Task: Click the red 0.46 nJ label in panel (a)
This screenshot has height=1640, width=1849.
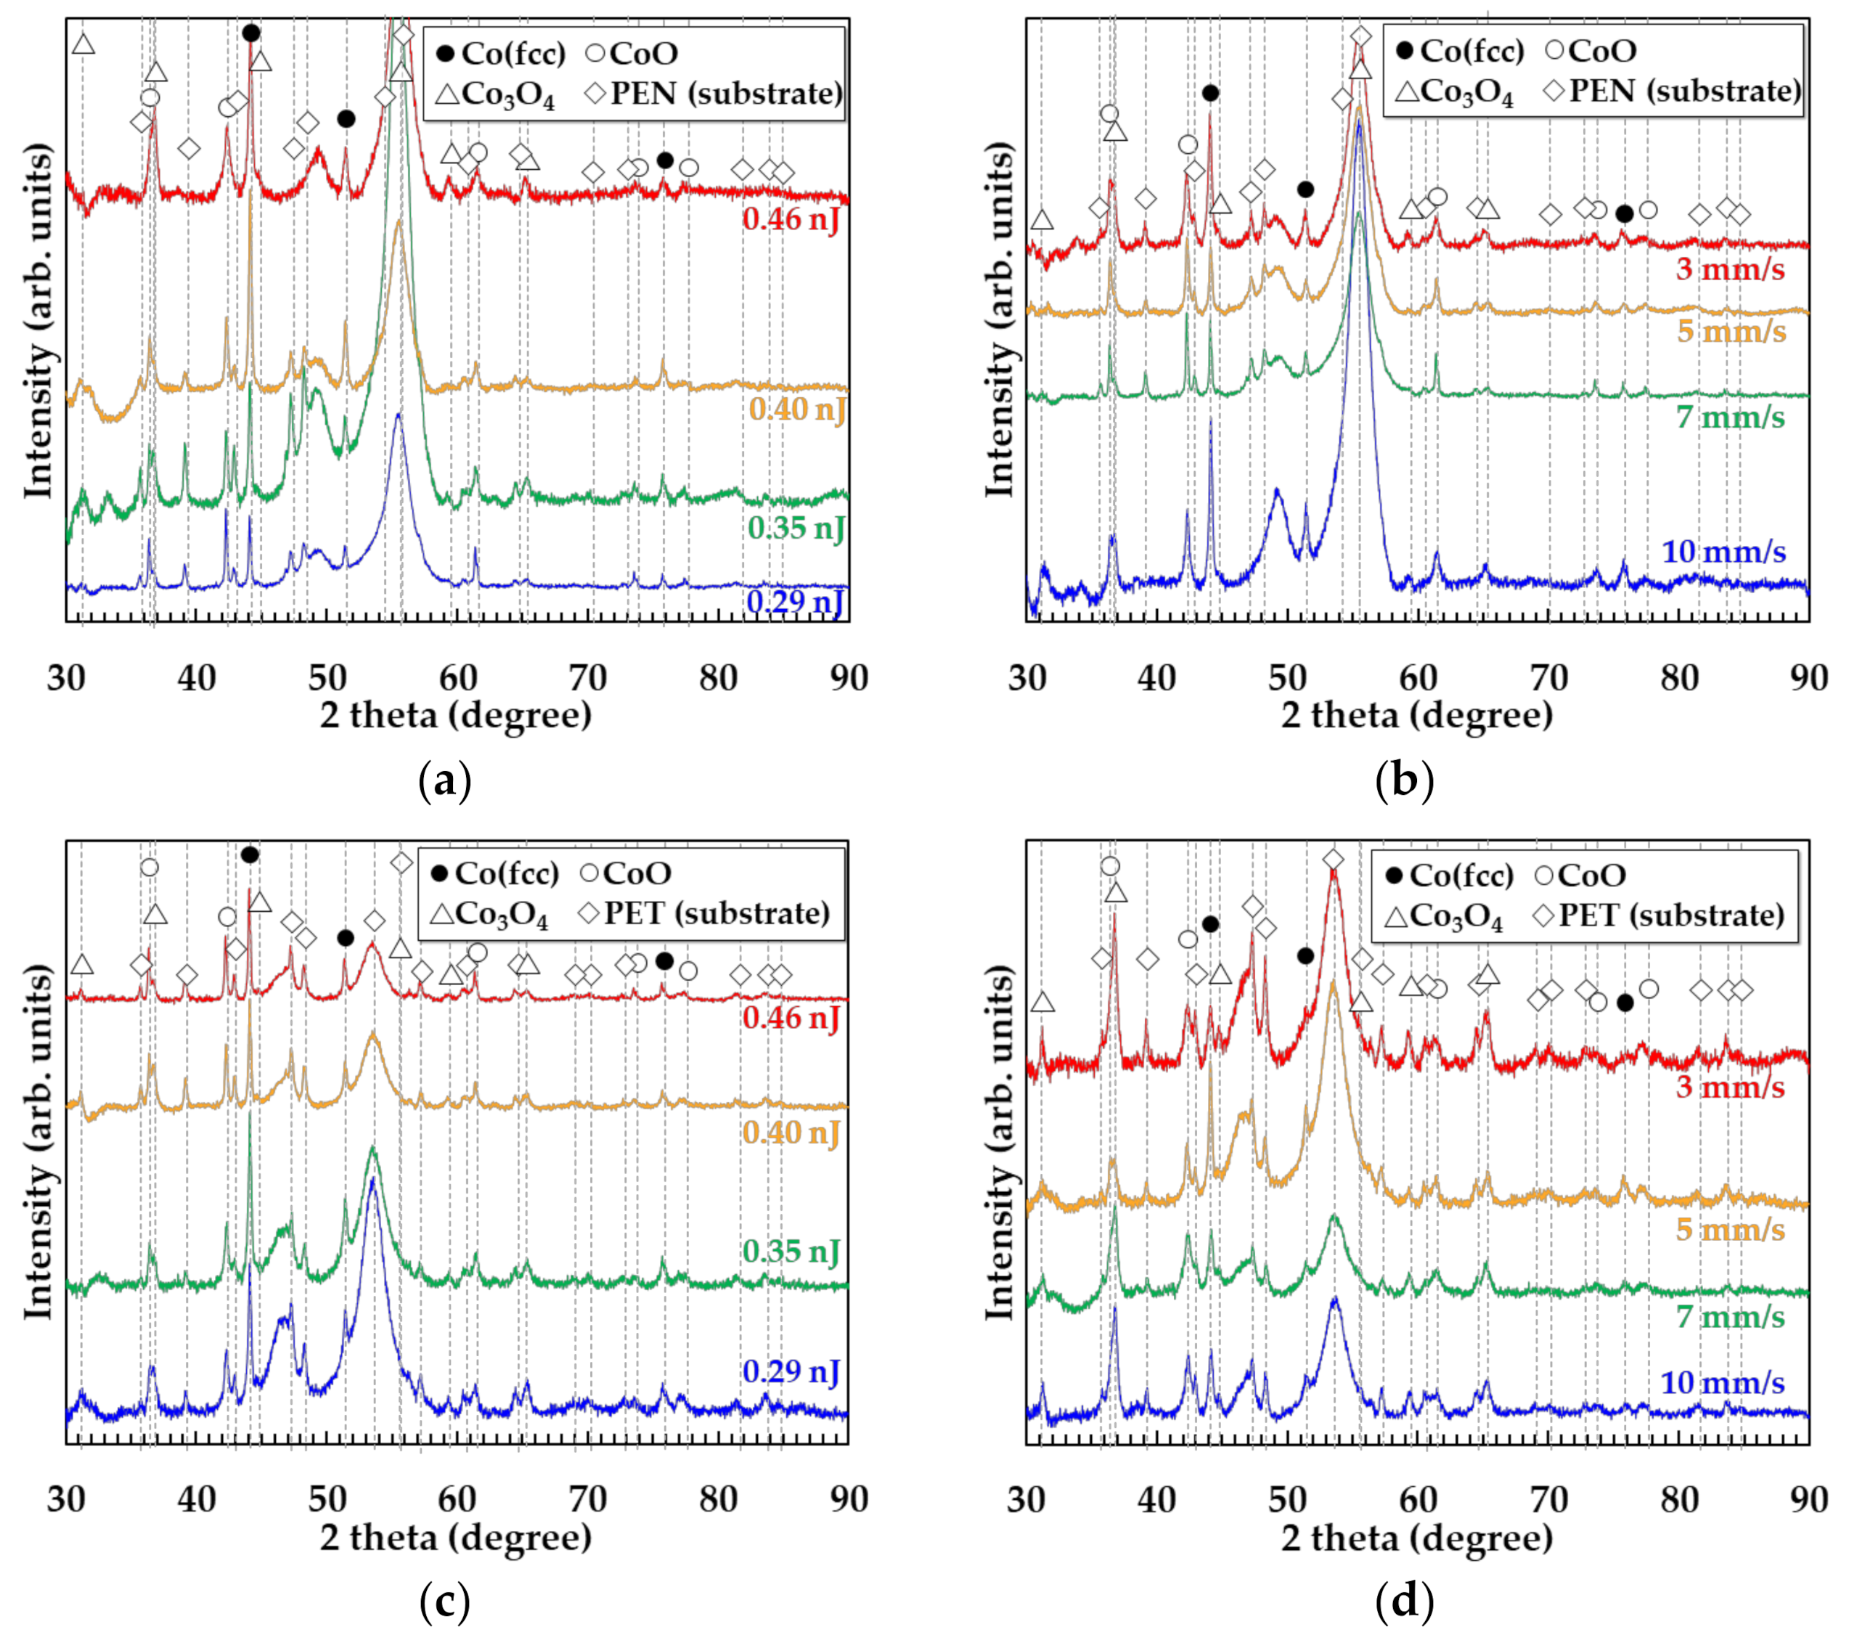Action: [x=791, y=219]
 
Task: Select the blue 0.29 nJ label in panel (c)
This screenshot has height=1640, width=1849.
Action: [x=791, y=1371]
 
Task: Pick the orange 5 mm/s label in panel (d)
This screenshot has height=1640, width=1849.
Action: [x=1730, y=1229]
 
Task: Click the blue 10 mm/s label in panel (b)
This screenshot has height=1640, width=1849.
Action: [x=1723, y=551]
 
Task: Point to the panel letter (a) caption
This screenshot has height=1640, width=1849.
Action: [x=445, y=780]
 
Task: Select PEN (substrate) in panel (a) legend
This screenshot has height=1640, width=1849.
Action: [x=725, y=93]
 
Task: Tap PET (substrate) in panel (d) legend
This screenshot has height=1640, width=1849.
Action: [x=1670, y=915]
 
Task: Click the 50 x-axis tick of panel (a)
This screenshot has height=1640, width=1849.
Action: [x=327, y=677]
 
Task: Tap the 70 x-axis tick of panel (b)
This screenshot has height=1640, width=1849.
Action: [x=1548, y=677]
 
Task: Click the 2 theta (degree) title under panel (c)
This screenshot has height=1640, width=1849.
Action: [x=455, y=1538]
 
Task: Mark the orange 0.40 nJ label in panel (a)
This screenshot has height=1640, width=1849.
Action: [x=797, y=409]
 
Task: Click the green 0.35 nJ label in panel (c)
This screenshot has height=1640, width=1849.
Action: [x=791, y=1251]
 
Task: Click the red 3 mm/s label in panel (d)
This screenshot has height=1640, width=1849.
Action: [x=1730, y=1086]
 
